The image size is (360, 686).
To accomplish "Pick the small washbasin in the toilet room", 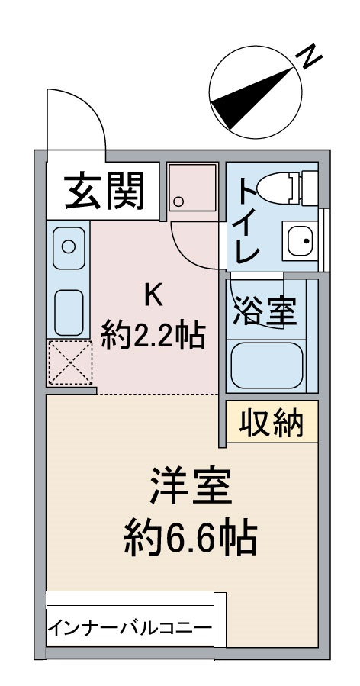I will pos(301,241).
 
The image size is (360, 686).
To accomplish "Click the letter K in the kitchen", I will pos(153,295).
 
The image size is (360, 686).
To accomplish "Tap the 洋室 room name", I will pos(190,488).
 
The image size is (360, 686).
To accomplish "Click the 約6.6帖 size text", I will pos(190,539).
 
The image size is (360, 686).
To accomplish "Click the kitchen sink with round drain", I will pos(68,246).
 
